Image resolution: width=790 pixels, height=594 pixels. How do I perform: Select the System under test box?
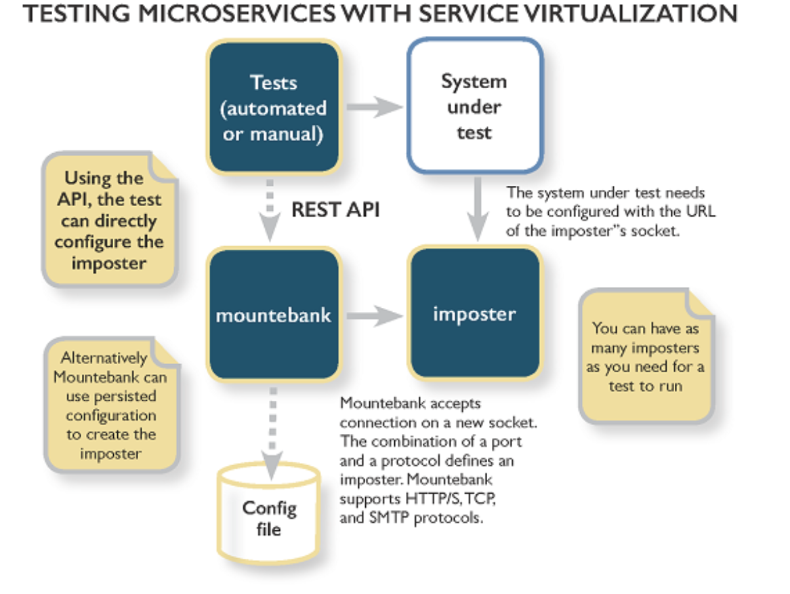tap(474, 106)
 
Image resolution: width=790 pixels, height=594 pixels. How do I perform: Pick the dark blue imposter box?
tap(474, 314)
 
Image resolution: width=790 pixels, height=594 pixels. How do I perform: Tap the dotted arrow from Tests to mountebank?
tap(270, 210)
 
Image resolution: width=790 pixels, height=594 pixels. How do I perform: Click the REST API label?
tap(335, 210)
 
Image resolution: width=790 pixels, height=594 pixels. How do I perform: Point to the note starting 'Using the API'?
tap(108, 220)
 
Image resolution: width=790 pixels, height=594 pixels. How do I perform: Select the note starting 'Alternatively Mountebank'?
tap(109, 405)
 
